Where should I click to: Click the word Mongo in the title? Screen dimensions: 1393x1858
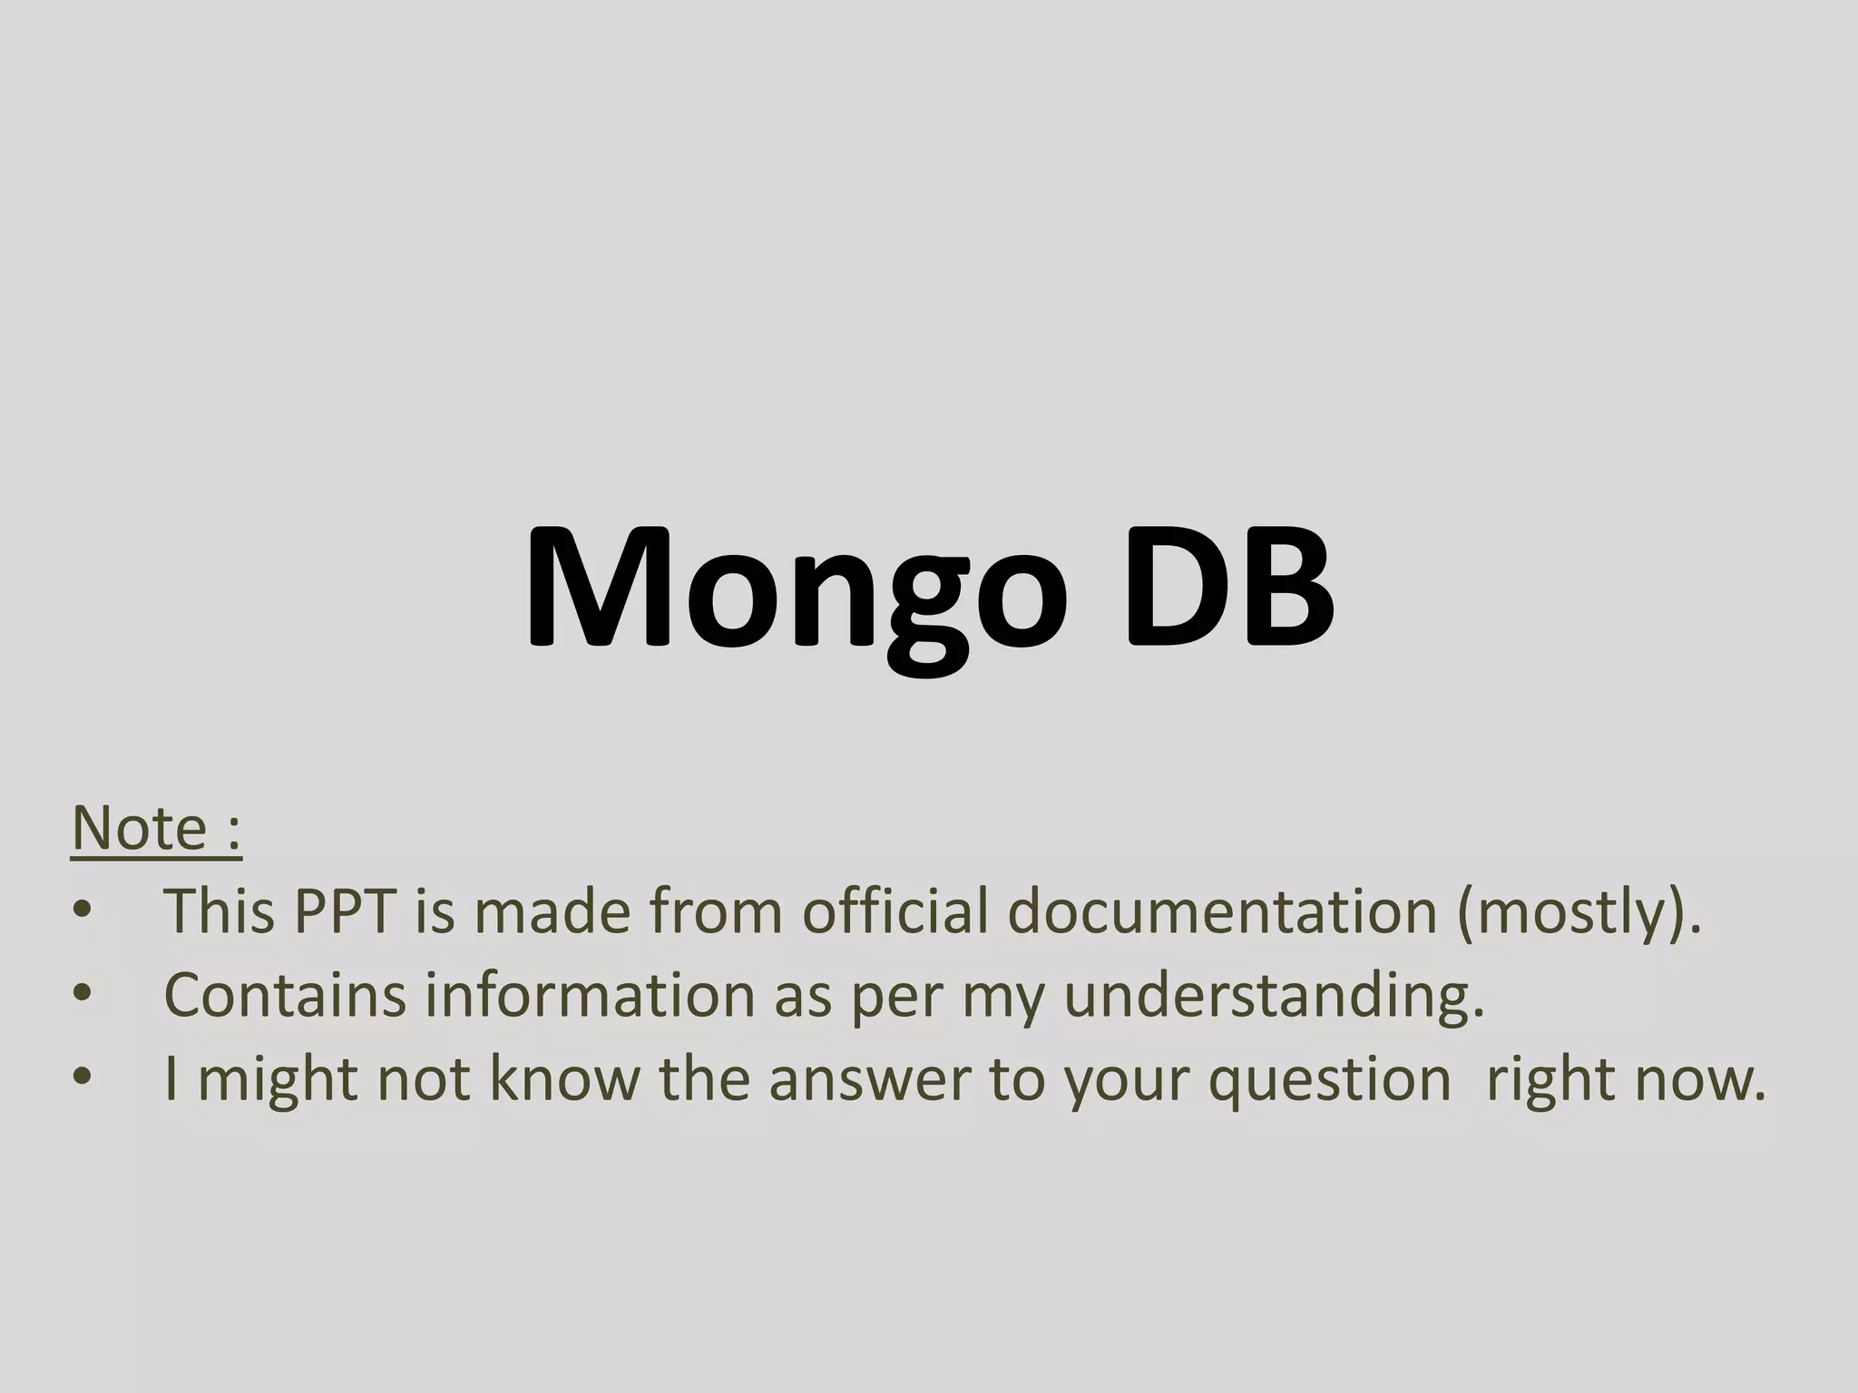[x=797, y=589]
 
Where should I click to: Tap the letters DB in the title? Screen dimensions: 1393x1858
[x=1229, y=589]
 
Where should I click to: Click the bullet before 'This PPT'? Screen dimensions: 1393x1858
[x=83, y=910]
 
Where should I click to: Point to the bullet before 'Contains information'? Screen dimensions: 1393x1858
[x=83, y=994]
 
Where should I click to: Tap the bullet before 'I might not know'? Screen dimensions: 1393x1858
[x=83, y=1077]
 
